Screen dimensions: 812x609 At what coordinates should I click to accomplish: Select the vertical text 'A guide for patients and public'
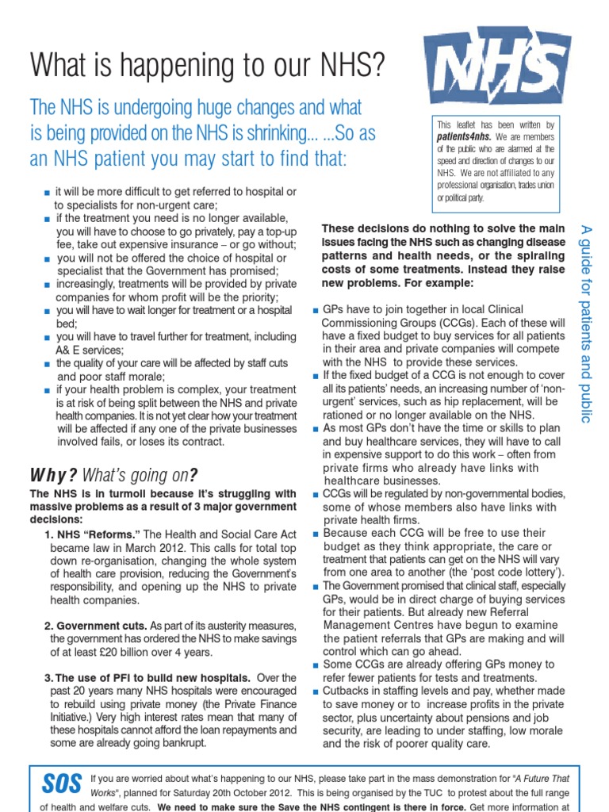click(x=586, y=323)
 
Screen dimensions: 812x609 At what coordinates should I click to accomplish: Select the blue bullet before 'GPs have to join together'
click(x=316, y=309)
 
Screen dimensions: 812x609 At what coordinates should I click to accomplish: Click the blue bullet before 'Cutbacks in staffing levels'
click(x=316, y=692)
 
